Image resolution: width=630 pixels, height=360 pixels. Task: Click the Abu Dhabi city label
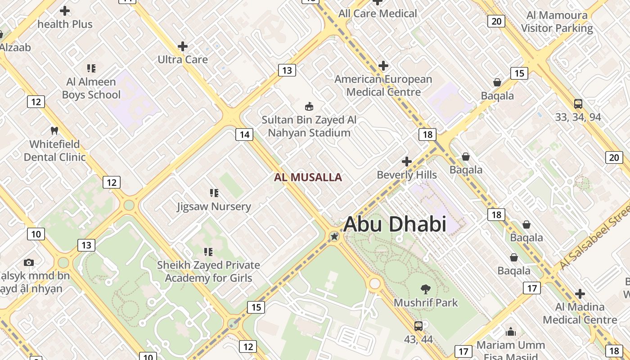coord(395,224)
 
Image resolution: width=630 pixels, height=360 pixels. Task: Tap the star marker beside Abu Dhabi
coord(334,236)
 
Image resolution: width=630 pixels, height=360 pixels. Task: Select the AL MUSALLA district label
coord(308,177)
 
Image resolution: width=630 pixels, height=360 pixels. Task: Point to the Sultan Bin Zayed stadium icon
coord(309,107)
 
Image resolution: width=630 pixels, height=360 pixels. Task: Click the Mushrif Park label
coord(426,302)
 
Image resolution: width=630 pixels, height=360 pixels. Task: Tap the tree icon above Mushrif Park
coord(425,289)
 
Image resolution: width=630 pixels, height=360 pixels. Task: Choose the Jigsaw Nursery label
coord(214,207)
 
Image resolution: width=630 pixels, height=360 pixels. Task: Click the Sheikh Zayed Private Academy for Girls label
coord(208,271)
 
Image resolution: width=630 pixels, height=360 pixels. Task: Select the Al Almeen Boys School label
coord(91,88)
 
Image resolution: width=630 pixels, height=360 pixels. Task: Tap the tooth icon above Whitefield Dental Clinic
coord(54,131)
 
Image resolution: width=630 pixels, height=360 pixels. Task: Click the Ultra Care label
coord(183,59)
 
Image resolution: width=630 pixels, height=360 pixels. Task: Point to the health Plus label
coord(65,24)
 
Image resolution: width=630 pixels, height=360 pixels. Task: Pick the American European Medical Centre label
coord(383,85)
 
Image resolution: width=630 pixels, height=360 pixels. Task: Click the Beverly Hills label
coord(407,175)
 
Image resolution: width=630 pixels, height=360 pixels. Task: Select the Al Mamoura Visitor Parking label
coord(557,22)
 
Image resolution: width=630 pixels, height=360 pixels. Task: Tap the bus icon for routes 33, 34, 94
coord(578,104)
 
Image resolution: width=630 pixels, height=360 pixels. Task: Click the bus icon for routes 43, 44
coord(418,326)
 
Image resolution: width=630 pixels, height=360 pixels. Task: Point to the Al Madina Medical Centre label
coord(580,313)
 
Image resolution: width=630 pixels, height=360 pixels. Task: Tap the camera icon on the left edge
coord(29,262)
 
